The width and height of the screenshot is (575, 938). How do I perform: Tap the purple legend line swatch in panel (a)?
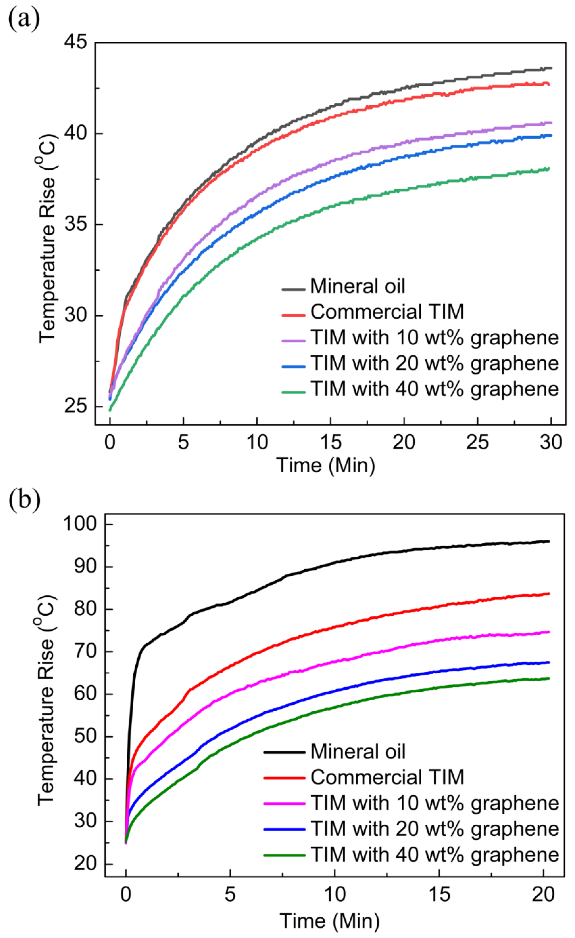coord(294,341)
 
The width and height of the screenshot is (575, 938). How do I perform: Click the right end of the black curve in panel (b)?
coord(549,541)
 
